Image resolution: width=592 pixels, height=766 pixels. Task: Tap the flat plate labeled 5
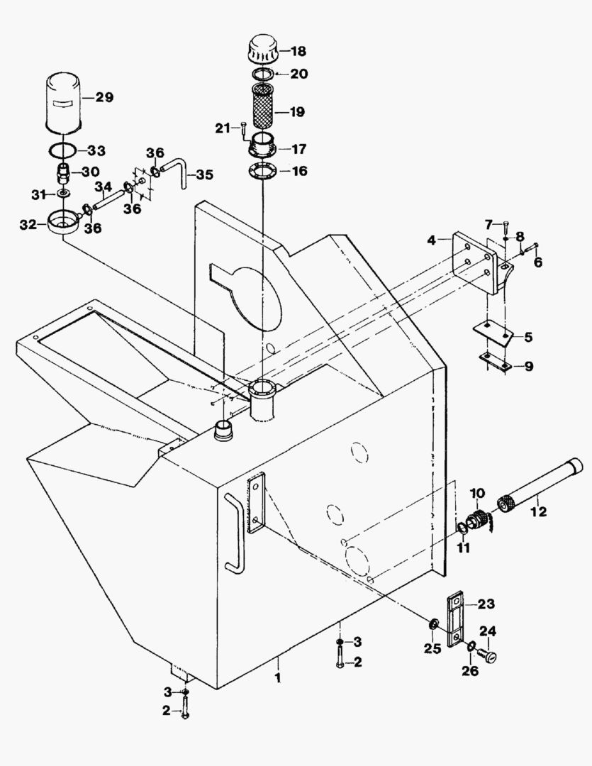pyautogui.click(x=492, y=333)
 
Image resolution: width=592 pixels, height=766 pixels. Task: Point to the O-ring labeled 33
pyautogui.click(x=65, y=150)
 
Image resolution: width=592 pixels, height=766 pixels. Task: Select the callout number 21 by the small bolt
pyautogui.click(x=223, y=128)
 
